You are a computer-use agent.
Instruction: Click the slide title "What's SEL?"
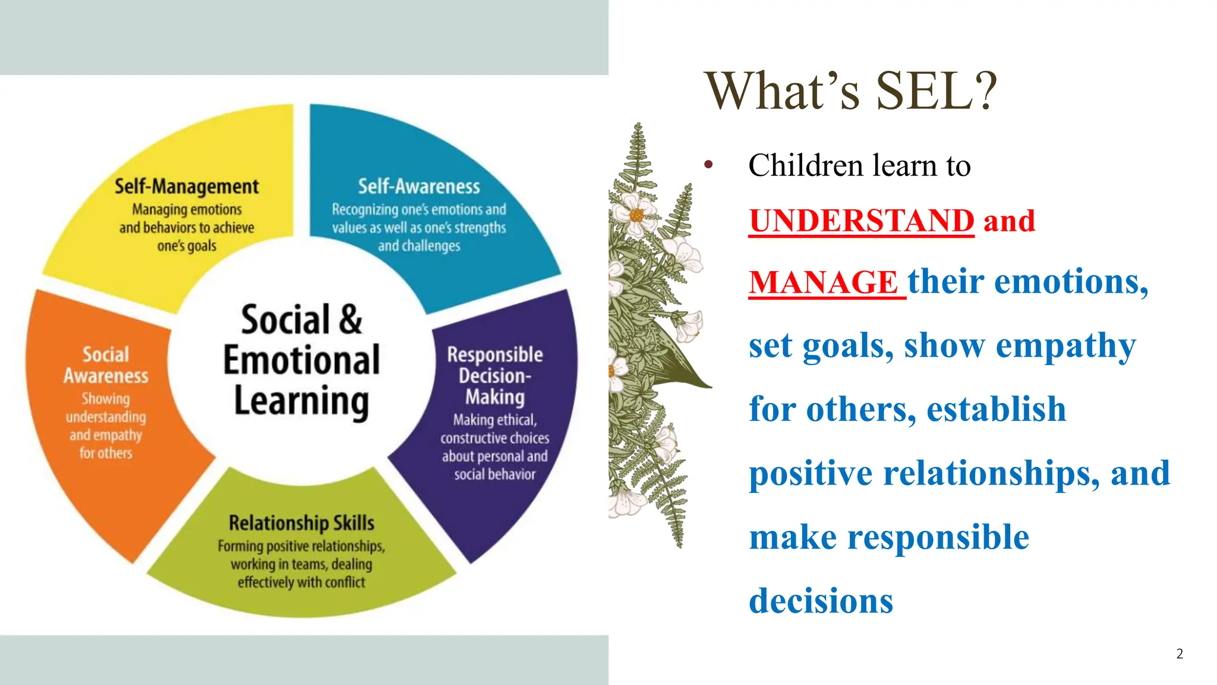tap(850, 91)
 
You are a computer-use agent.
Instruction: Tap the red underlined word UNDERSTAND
tap(861, 221)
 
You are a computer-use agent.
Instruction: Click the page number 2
tap(1180, 654)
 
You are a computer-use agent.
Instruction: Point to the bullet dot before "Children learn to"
tap(708, 165)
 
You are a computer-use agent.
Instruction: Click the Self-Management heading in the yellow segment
tap(187, 187)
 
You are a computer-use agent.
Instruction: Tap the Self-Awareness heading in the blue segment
tap(418, 187)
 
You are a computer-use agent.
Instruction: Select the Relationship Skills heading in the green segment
tap(301, 523)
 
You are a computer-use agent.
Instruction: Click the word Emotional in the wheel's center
tap(301, 360)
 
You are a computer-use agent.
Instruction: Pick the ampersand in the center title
tap(350, 320)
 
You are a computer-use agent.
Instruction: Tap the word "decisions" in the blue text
tap(821, 601)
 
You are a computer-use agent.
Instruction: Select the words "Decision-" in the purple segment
tap(494, 376)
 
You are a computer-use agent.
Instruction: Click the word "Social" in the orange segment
tap(106, 354)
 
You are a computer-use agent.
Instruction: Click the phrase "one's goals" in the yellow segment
tap(187, 246)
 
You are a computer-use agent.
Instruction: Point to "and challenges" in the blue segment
tap(419, 246)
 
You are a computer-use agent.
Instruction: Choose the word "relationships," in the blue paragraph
tap(991, 474)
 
